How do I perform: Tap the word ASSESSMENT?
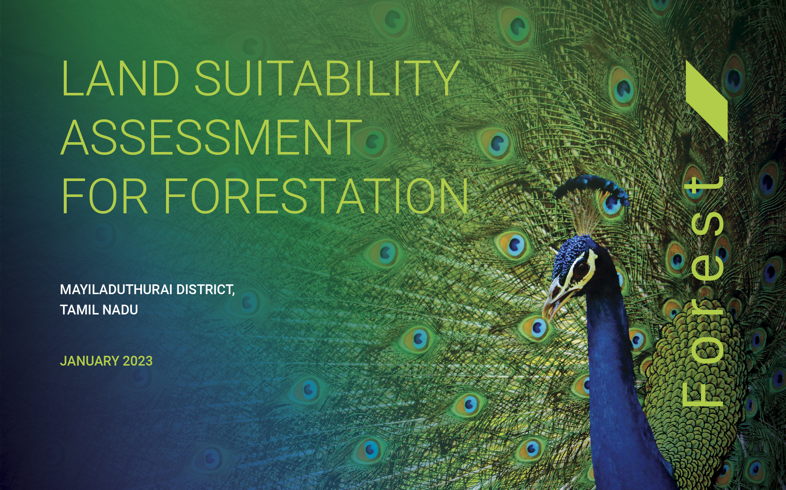coord(211,137)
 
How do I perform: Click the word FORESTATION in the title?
coord(316,196)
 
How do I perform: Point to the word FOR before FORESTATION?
coord(105,196)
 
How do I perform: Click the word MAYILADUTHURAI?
coord(116,289)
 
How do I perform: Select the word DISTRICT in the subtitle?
coord(205,289)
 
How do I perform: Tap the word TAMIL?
coord(79,310)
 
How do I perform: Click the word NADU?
coord(120,310)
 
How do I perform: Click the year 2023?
coord(138,361)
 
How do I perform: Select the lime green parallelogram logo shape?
coord(707,101)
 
